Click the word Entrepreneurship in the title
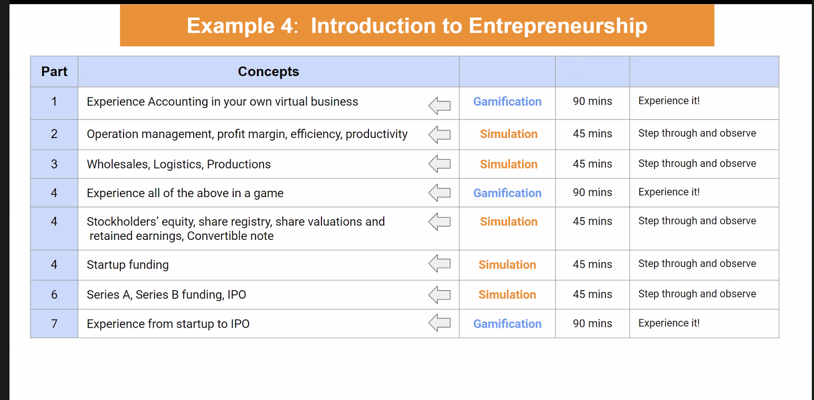coord(558,26)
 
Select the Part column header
coord(54,72)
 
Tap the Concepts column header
coord(268,72)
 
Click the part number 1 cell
coord(54,101)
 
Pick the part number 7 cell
coord(54,323)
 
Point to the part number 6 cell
coord(54,294)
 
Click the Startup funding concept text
coord(128,265)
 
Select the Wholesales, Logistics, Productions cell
coord(179,164)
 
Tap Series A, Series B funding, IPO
coord(166,294)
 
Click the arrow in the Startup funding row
coord(439,263)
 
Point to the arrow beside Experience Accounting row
coord(439,106)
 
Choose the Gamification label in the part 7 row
coord(507,323)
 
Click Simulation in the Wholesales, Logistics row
coord(509,164)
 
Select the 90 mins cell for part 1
coord(592,101)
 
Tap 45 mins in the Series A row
coord(592,294)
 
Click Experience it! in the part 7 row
coord(669,323)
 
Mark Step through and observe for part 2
coord(697,134)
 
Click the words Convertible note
coord(230,236)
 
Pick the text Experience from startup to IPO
coord(168,323)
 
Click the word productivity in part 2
coord(376,134)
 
